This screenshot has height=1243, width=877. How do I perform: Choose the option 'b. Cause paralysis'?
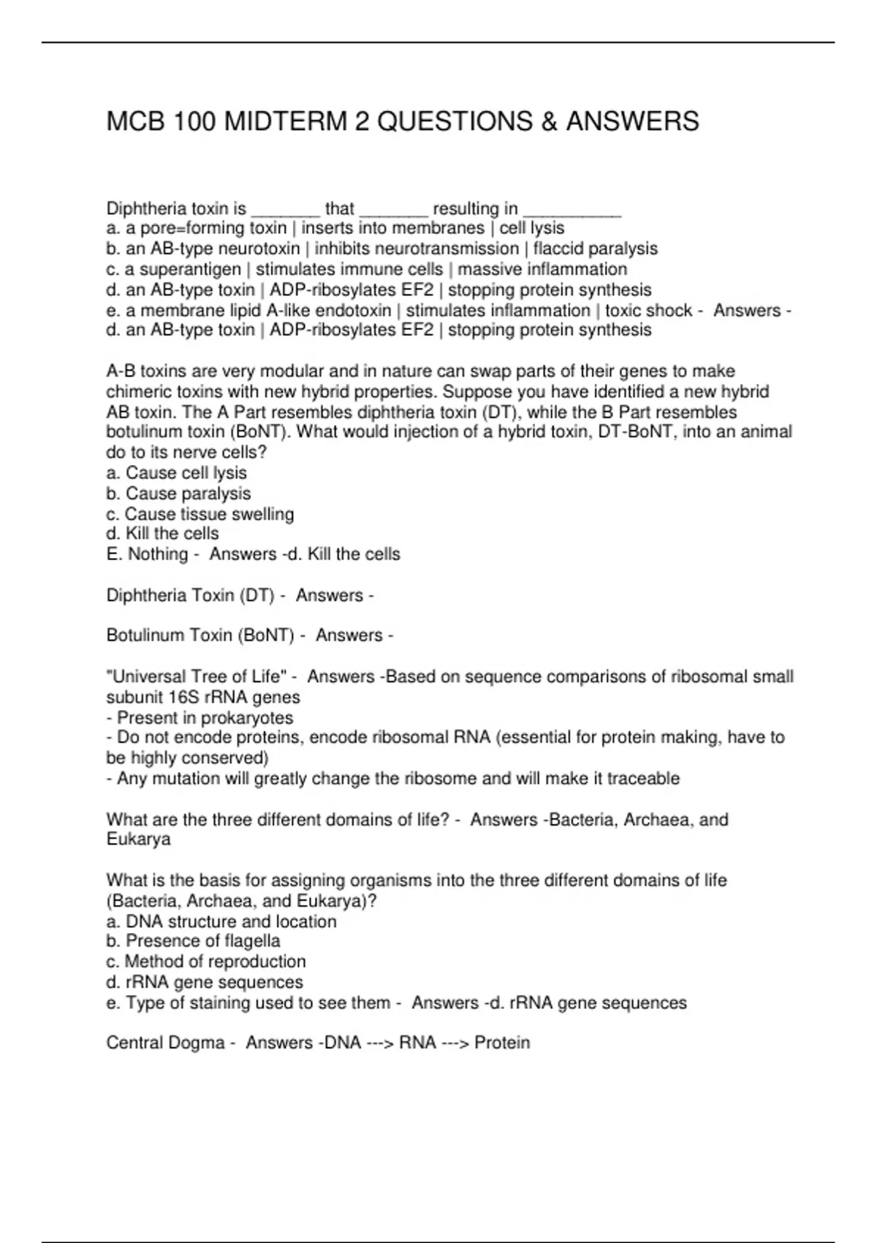[x=178, y=494]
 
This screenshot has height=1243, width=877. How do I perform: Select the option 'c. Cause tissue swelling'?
[x=200, y=514]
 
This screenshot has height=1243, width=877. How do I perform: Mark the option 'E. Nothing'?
[x=147, y=554]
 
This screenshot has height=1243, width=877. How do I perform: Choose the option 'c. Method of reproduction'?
[x=206, y=961]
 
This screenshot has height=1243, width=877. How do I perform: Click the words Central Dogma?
[x=165, y=1043]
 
